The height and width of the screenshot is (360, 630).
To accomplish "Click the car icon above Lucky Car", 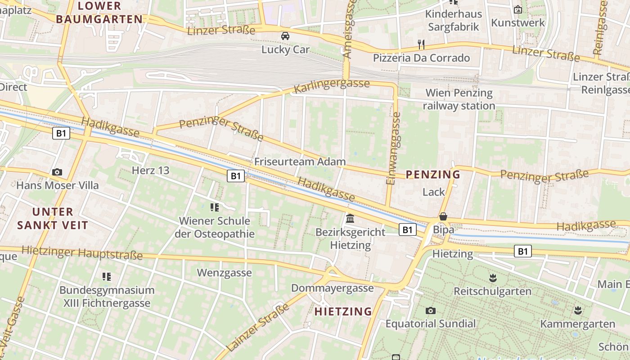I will pyautogui.click(x=285, y=36).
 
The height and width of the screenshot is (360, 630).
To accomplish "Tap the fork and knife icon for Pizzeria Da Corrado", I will pyautogui.click(x=421, y=44).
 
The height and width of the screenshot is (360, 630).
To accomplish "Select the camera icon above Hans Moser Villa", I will pyautogui.click(x=57, y=172).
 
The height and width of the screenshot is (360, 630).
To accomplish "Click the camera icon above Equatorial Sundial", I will pyautogui.click(x=431, y=310).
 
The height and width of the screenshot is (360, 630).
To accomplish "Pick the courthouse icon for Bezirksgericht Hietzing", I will pyautogui.click(x=350, y=219).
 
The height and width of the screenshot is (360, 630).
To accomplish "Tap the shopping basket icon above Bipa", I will pyautogui.click(x=443, y=216).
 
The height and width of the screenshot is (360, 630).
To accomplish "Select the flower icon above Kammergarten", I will pyautogui.click(x=577, y=310).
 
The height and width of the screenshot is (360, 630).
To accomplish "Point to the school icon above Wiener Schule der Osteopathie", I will pyautogui.click(x=215, y=207).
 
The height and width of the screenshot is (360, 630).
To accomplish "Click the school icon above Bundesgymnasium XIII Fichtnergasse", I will pyautogui.click(x=107, y=276).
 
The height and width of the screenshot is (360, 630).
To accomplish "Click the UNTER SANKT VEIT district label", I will pyautogui.click(x=53, y=218).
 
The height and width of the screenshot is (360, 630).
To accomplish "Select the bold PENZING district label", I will pyautogui.click(x=433, y=175).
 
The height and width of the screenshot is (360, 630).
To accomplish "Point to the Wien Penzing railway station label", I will pyautogui.click(x=459, y=99).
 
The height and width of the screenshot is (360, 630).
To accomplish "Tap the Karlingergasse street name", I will pyautogui.click(x=332, y=86).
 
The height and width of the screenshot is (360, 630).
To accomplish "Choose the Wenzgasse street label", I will pyautogui.click(x=225, y=273).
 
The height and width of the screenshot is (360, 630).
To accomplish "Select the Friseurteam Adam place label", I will pyautogui.click(x=300, y=162).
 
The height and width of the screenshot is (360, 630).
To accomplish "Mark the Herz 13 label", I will pyautogui.click(x=150, y=171).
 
